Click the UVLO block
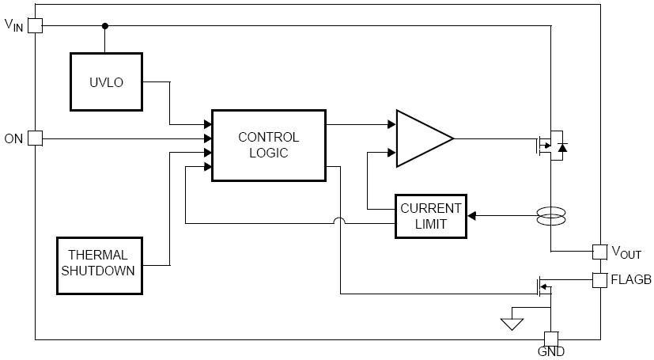pyautogui.click(x=106, y=81)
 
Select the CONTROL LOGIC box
pyautogui.click(x=269, y=145)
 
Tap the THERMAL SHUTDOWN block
pyautogui.click(x=100, y=266)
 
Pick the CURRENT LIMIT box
pyautogui.click(x=430, y=216)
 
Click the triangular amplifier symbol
pyautogui.click(x=423, y=138)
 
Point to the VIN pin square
pyautogui.click(x=35, y=26)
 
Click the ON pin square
pyautogui.click(x=35, y=138)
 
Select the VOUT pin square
pyautogui.click(x=599, y=252)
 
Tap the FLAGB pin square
pyautogui.click(x=599, y=280)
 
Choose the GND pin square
pyautogui.click(x=551, y=339)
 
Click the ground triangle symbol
pyautogui.click(x=512, y=324)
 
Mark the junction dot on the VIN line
pyautogui.click(x=105, y=26)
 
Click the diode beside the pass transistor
pyautogui.click(x=562, y=147)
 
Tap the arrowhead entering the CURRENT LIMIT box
pyautogui.click(x=472, y=216)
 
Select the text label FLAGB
pyautogui.click(x=631, y=279)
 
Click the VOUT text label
pyautogui.click(x=626, y=252)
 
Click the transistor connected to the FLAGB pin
pyautogui.click(x=544, y=287)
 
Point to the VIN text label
pyautogui.click(x=13, y=25)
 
